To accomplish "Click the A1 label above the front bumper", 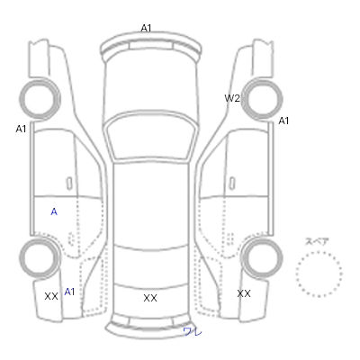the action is click(146, 28).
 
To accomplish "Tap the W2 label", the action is click(232, 98).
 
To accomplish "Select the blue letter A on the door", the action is click(54, 211).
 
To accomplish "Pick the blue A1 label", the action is click(69, 292).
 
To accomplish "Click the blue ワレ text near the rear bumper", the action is click(193, 331).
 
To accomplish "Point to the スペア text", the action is click(317, 241).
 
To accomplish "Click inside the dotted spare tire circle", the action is click(319, 274).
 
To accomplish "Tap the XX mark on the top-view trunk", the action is click(150, 298).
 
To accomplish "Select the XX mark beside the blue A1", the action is click(51, 296).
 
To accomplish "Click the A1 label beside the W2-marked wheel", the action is click(283, 121).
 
